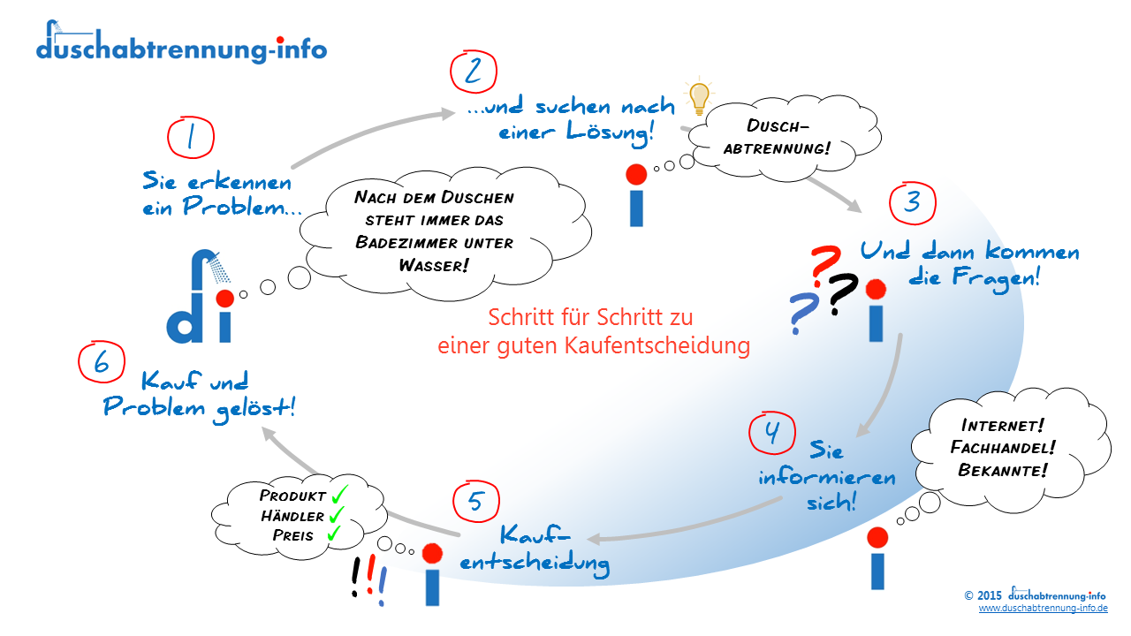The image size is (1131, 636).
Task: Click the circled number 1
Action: (x=191, y=137)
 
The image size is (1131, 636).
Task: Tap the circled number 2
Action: (x=474, y=72)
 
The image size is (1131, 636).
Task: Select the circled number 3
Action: (x=913, y=203)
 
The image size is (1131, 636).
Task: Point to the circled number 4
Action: (x=772, y=433)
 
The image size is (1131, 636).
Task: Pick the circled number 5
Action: (x=476, y=501)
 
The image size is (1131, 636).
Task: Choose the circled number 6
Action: (x=102, y=362)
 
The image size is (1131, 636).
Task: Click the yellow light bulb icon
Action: (x=699, y=96)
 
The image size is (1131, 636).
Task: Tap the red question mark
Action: (x=825, y=264)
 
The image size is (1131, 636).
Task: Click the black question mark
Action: (x=842, y=295)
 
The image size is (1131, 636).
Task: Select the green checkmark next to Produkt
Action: (x=339, y=494)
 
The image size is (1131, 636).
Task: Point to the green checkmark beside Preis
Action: (x=334, y=533)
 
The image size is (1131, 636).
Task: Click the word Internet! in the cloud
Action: (x=1002, y=426)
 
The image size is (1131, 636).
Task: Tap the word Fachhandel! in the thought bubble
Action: (x=1003, y=447)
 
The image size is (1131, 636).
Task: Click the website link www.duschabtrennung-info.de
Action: (x=1044, y=609)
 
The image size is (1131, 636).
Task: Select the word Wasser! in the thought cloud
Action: (x=434, y=266)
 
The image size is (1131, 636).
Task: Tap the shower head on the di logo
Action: (x=220, y=267)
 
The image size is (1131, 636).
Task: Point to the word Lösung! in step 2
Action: (x=610, y=132)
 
